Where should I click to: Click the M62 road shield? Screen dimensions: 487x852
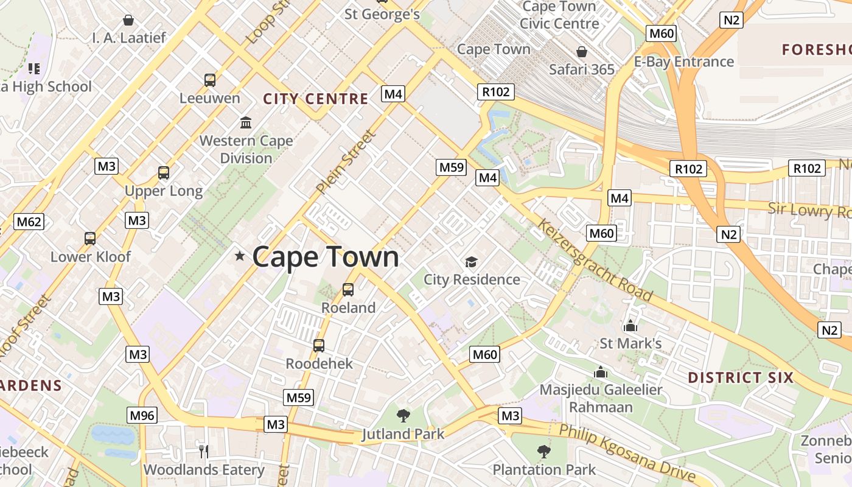click(x=29, y=222)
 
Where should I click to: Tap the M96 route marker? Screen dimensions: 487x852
click(x=142, y=416)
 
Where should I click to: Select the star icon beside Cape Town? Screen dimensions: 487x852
click(x=240, y=256)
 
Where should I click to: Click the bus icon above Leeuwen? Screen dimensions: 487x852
click(x=210, y=80)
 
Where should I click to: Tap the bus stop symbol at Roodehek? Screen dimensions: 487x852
click(x=319, y=346)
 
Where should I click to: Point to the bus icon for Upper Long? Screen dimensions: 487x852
click(x=164, y=173)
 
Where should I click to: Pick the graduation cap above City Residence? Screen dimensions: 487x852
click(x=471, y=262)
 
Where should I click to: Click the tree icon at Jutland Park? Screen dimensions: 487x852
click(x=403, y=416)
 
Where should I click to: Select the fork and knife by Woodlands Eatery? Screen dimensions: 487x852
click(x=204, y=451)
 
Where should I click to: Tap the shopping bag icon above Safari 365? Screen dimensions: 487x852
click(x=582, y=52)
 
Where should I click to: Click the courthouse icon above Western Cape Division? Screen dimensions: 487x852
click(x=246, y=123)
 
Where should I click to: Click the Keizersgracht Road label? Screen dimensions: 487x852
click(x=595, y=261)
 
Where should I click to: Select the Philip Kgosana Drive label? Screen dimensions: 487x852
click(x=627, y=454)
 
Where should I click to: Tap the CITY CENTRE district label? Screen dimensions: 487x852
click(x=315, y=99)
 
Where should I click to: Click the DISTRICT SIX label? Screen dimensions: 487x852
click(x=741, y=377)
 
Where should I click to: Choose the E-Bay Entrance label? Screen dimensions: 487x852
click(x=684, y=61)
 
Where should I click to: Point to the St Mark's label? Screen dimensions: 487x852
click(x=630, y=343)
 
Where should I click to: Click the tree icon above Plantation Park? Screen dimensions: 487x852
click(x=544, y=452)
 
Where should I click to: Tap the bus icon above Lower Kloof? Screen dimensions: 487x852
click(x=90, y=239)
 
